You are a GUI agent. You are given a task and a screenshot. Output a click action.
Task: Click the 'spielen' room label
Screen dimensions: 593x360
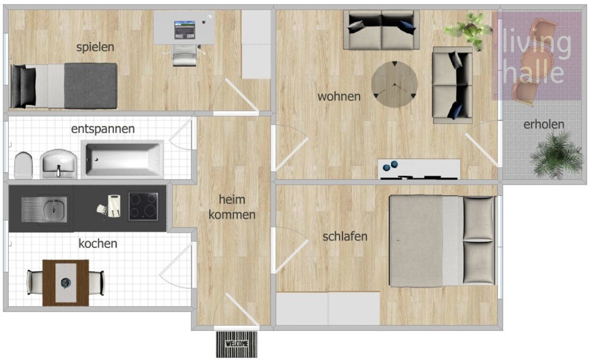tap(95, 47)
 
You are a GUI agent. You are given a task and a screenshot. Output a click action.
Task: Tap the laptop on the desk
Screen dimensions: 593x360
tap(185, 30)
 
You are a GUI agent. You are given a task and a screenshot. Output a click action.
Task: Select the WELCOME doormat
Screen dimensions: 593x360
tap(237, 344)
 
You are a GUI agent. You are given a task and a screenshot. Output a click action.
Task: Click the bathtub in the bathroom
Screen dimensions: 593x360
tap(123, 159)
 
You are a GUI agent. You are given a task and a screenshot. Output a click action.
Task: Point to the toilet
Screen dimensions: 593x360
tap(24, 165)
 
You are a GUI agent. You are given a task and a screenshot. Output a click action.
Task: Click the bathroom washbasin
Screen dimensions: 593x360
tap(58, 164)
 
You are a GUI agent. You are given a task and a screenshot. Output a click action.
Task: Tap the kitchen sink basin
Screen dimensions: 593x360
tap(55, 210)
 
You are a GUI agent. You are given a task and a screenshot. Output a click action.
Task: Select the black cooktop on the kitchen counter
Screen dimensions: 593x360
tap(143, 206)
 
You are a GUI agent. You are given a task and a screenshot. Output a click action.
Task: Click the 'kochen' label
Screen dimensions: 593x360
tap(98, 243)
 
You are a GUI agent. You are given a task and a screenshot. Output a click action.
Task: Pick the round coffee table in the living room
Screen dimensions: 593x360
tap(394, 85)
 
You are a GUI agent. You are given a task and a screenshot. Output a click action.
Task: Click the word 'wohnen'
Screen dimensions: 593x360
tap(339, 96)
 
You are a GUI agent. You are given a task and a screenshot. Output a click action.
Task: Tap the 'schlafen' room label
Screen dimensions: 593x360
tap(345, 236)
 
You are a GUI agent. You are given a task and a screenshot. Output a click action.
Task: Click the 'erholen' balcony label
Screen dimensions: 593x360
tap(544, 125)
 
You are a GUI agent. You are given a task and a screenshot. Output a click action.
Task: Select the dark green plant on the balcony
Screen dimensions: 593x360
tap(557, 155)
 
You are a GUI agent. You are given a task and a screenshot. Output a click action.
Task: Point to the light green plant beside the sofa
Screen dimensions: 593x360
tap(469, 31)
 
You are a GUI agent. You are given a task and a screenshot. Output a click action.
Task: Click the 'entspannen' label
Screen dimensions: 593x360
tap(103, 129)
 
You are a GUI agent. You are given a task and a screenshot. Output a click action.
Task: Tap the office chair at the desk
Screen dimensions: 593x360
tap(184, 55)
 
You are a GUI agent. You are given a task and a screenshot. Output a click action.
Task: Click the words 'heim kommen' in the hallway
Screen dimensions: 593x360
tap(232, 207)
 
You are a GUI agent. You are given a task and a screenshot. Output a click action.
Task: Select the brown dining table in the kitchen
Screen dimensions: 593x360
tap(66, 283)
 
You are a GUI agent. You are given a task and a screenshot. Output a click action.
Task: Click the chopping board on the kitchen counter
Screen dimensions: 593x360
tap(114, 206)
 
